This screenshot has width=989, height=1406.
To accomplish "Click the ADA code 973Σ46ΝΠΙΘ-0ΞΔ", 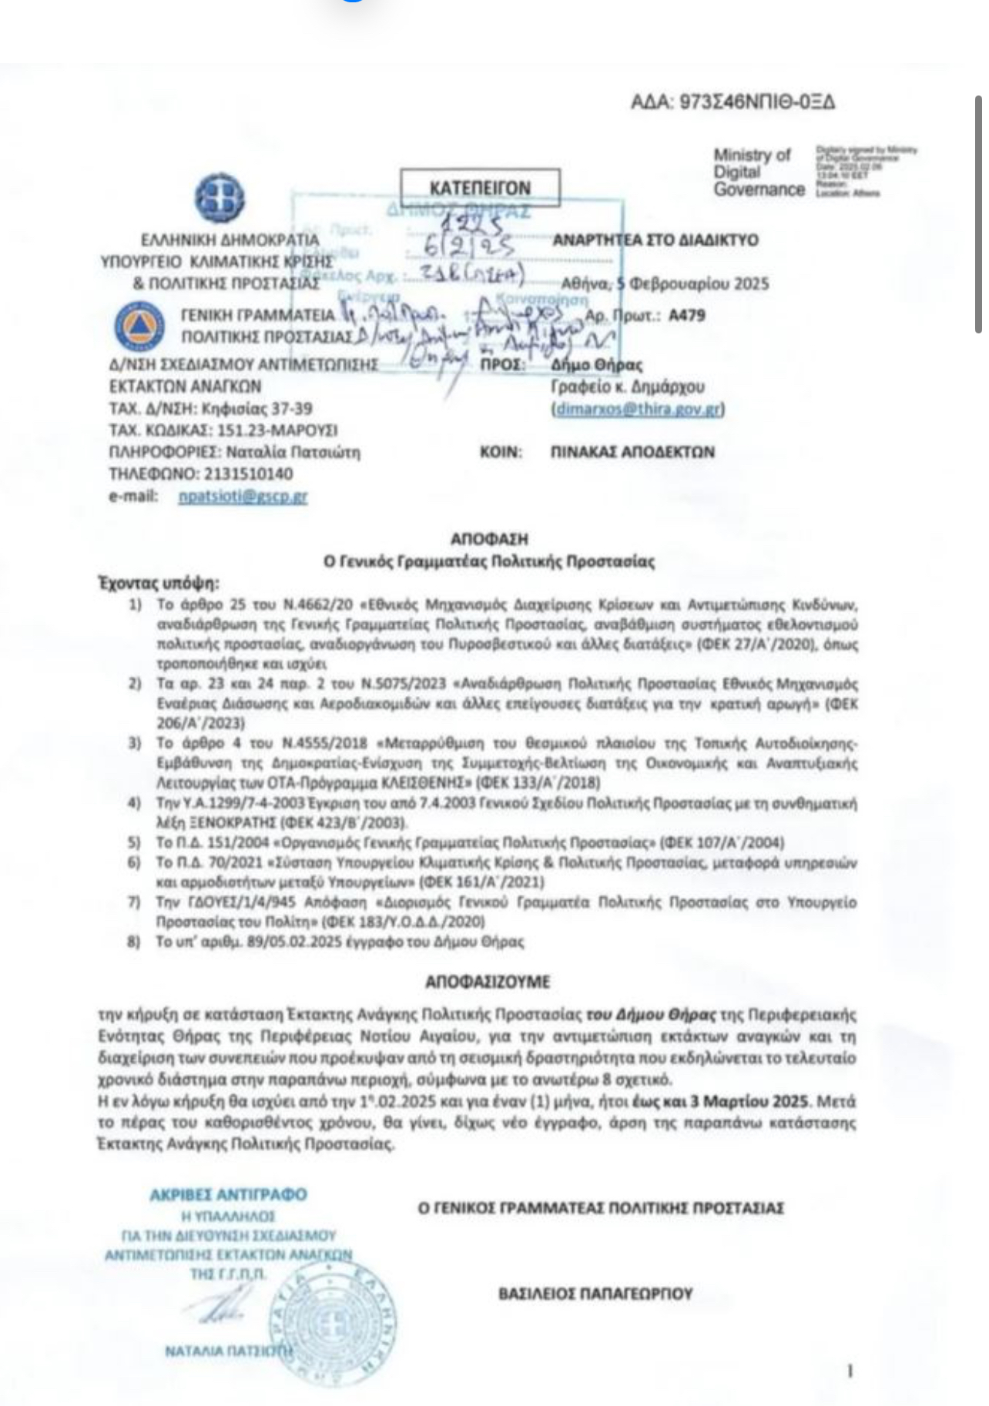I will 733,102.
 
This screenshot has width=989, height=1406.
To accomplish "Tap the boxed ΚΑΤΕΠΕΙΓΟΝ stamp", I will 480,188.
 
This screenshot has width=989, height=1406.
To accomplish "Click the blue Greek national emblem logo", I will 219,197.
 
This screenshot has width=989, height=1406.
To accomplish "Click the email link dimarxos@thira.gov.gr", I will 639,409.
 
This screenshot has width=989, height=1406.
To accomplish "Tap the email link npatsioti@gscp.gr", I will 243,497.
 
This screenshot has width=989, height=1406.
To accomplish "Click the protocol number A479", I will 687,315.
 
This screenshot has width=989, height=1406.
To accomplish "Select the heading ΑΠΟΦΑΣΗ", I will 489,539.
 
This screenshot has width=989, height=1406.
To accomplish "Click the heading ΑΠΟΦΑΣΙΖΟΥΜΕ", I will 488,983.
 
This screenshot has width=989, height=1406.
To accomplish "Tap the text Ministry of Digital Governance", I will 758,172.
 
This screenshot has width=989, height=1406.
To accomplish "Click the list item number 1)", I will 135,604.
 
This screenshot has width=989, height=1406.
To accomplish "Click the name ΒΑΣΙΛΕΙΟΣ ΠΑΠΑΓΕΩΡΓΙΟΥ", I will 595,1293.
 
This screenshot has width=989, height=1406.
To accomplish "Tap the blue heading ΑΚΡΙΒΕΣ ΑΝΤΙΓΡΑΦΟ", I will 228,1194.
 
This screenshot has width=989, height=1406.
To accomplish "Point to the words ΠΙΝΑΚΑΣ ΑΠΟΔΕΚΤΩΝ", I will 632,452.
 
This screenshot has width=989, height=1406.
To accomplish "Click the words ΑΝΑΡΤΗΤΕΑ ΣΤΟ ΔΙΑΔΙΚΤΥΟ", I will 655,239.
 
